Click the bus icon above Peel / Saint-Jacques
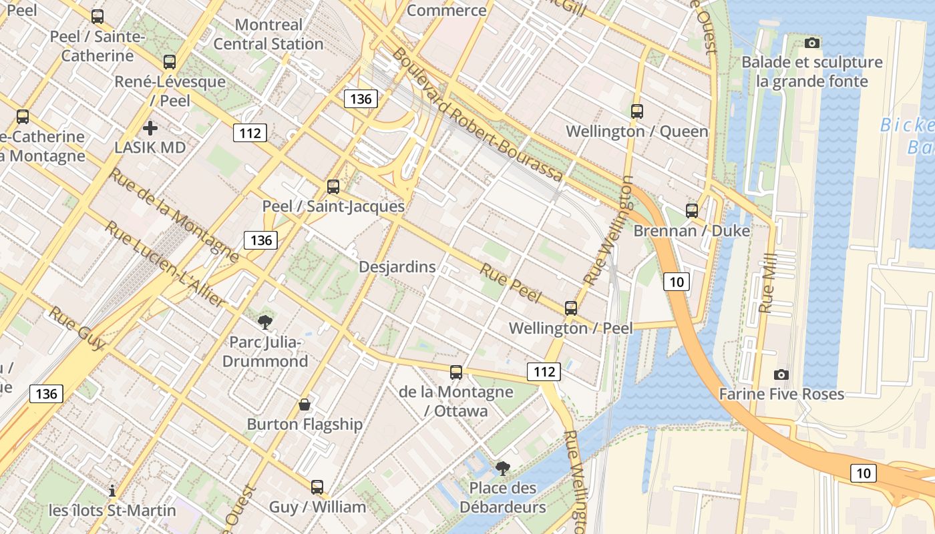(x=333, y=187)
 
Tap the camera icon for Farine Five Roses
(x=781, y=374)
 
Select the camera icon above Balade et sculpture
(x=812, y=43)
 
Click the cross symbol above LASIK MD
(x=150, y=127)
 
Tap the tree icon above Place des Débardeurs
(x=502, y=469)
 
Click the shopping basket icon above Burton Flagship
(x=305, y=405)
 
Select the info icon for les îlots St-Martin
(x=112, y=491)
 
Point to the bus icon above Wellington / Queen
(x=636, y=111)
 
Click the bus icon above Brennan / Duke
(x=692, y=211)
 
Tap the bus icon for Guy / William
(x=317, y=487)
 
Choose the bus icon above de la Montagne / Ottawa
(x=456, y=372)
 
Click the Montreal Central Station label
(x=268, y=35)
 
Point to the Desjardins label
(x=397, y=267)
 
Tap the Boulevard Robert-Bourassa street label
(x=477, y=114)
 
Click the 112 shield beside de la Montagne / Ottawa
(x=544, y=372)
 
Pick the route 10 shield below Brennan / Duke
(x=677, y=282)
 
